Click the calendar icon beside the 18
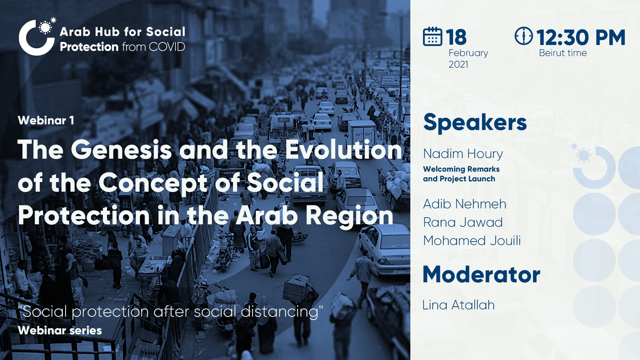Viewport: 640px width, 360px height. point(433,36)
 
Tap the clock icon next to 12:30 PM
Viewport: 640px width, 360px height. point(524,36)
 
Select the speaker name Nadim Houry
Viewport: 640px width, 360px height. point(463,154)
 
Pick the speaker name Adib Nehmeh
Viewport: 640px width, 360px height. point(465,204)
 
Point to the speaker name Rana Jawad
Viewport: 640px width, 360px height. point(463,222)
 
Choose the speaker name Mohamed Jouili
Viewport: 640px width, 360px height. point(472,241)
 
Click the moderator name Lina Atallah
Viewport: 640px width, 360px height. point(458,305)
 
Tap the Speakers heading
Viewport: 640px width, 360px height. point(475,123)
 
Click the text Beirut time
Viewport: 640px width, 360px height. point(563,53)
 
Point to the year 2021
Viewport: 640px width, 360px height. point(458,64)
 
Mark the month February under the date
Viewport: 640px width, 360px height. point(468,53)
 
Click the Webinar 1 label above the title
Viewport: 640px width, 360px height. point(46,120)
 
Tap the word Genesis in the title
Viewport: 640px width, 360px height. point(121,150)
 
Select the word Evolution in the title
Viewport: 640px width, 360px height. point(344,150)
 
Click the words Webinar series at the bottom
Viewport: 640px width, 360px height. point(60,330)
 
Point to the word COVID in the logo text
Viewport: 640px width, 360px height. point(167,47)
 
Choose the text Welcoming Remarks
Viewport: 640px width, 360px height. point(461,169)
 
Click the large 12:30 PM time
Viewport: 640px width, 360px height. point(581,37)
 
